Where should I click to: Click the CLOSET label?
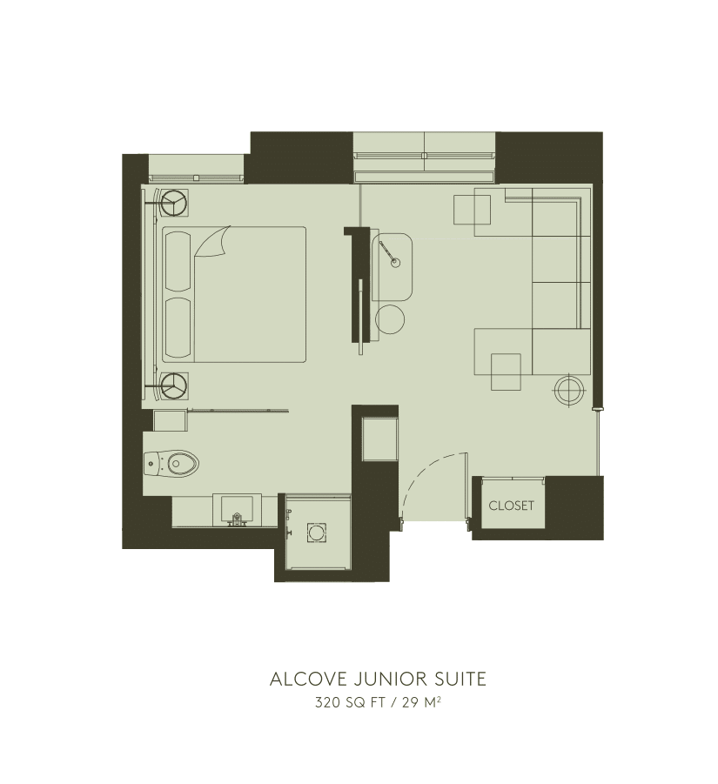point(511,506)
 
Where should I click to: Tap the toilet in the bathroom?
point(174,463)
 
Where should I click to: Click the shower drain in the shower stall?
point(315,531)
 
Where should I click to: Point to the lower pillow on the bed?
point(178,327)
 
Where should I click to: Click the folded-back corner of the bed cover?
point(214,242)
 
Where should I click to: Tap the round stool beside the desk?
point(391,319)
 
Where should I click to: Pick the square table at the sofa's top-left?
point(472,210)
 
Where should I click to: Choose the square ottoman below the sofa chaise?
point(507,372)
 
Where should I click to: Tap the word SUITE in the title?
point(458,679)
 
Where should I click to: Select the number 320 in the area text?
point(326,703)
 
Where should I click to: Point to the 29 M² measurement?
point(425,703)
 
